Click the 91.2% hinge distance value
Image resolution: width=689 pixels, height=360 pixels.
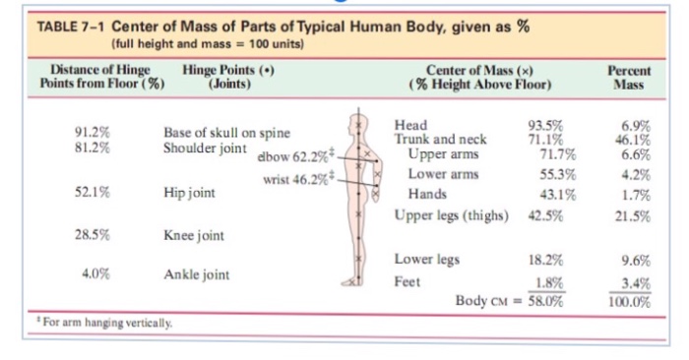pos(92,131)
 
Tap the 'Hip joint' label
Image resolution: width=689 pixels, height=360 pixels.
pos(189,194)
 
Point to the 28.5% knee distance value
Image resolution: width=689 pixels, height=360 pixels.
pos(92,235)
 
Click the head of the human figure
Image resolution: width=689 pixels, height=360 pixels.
pos(357,124)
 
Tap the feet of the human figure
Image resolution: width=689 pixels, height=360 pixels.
pos(357,282)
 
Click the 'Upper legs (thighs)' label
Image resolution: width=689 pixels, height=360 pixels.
pos(451,215)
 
